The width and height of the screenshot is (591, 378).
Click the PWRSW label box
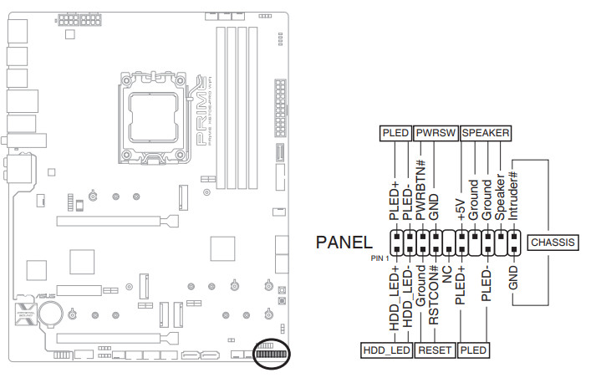pos(436,133)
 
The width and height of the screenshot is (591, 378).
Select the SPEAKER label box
pos(486,133)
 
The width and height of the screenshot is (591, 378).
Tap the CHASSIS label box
pos(553,243)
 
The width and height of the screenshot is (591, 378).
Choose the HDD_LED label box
pos(386,350)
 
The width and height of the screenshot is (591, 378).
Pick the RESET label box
pos(435,350)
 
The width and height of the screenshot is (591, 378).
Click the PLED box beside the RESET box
pos(473,350)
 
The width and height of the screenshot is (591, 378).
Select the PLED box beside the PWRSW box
pos(395,133)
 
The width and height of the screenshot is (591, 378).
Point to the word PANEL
pos(344,243)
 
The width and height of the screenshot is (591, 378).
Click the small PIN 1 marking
pos(381,258)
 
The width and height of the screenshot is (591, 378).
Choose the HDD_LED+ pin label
pos(395,301)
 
